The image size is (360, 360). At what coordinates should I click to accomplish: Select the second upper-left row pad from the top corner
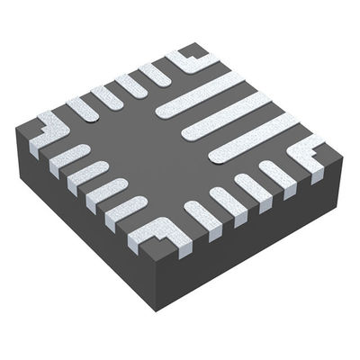coord(131,85)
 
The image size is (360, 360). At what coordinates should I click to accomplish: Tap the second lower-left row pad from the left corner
coord(87,173)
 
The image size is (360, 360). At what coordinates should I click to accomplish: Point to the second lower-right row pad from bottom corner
coord(228,202)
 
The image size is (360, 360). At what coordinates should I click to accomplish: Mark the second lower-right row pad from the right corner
coord(253,188)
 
